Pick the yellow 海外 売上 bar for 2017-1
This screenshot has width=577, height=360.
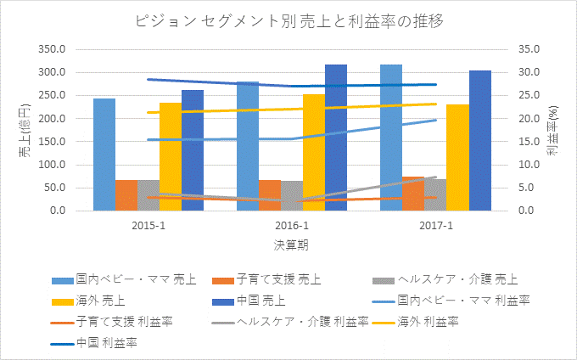[x=457, y=157]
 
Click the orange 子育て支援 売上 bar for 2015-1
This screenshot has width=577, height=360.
[x=126, y=195]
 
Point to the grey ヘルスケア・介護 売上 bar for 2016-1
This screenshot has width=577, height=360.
[x=292, y=196]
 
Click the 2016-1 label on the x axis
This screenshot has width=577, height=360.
[x=292, y=226]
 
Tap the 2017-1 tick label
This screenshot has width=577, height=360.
[x=436, y=226]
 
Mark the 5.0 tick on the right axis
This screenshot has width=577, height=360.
[x=528, y=188]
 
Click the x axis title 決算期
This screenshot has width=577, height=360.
[x=291, y=245]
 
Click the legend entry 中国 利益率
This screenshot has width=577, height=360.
[x=107, y=342]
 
